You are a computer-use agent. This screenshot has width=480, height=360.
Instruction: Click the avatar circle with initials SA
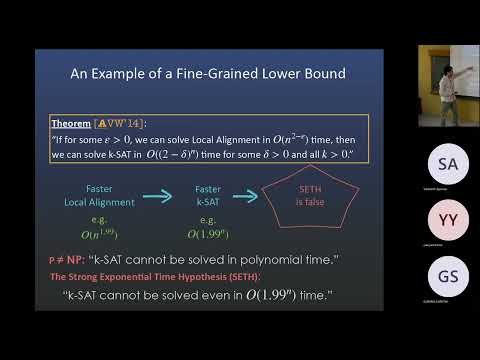(x=449, y=163)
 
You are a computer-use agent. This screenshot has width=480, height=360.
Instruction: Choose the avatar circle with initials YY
(x=449, y=220)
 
